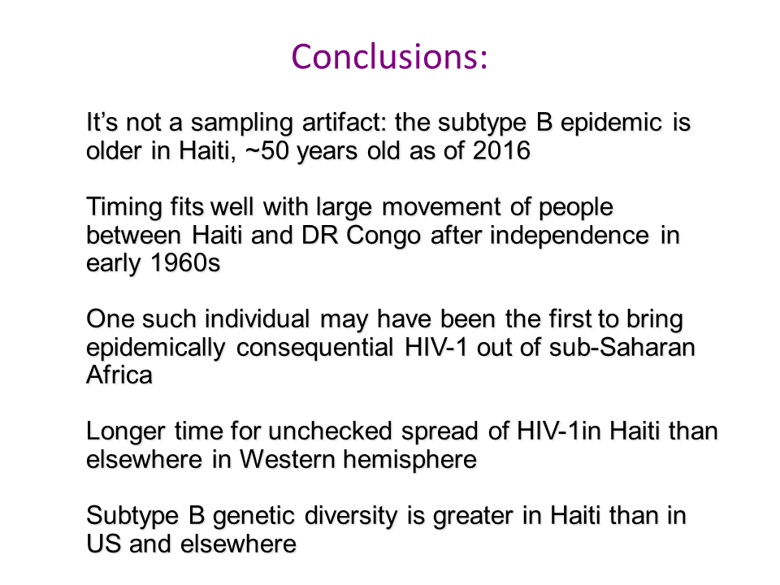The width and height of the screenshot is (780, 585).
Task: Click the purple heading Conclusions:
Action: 389,57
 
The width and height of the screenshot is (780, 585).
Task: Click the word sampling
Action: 242,123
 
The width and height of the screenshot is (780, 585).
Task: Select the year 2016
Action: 501,151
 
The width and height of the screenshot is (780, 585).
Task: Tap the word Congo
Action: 383,236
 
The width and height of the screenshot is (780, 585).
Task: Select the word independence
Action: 570,236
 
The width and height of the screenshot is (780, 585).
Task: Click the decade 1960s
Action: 185,263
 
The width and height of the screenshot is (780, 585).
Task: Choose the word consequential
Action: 315,348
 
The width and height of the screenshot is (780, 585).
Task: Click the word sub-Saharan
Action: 622,347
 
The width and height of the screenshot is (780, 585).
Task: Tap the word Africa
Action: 119,375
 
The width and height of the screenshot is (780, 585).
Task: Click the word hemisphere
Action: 409,460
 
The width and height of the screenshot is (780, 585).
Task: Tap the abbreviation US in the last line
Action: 103,544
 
